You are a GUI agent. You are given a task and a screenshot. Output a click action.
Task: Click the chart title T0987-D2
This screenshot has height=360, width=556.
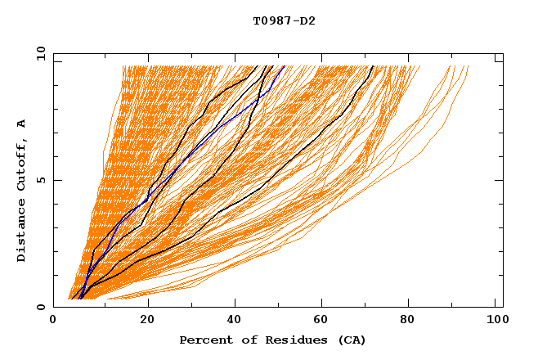(x=284, y=21)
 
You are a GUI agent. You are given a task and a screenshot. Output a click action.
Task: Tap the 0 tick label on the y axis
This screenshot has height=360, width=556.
(x=40, y=308)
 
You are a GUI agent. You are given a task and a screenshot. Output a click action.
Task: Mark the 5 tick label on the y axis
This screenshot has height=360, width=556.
(x=40, y=180)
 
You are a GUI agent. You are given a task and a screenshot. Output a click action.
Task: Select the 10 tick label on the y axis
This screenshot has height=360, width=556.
(x=38, y=53)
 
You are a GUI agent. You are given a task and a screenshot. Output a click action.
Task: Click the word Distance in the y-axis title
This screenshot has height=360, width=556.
(x=22, y=230)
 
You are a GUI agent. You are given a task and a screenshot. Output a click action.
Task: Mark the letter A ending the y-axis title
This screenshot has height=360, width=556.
(x=22, y=124)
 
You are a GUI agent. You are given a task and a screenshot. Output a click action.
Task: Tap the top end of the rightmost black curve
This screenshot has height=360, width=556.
(x=373, y=66)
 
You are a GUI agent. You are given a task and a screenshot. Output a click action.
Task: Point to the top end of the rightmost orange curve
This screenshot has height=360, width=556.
(x=468, y=66)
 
